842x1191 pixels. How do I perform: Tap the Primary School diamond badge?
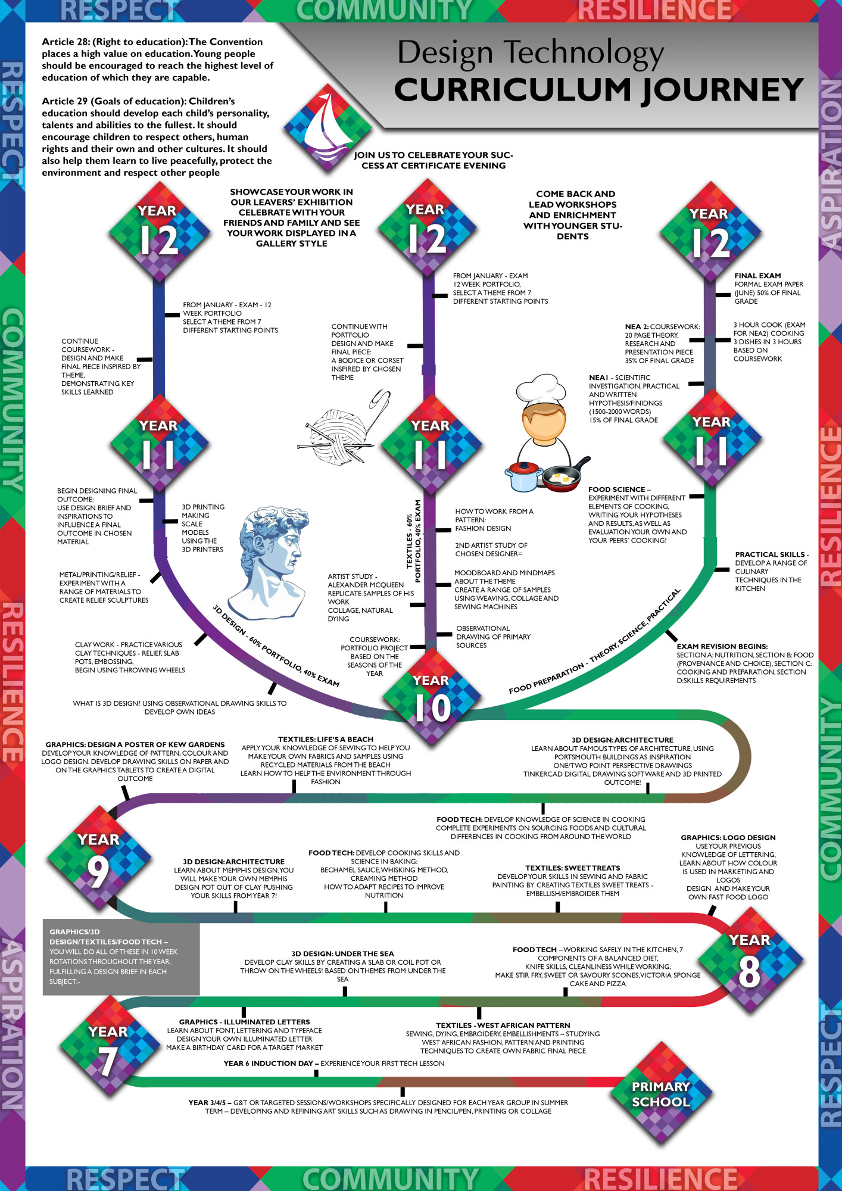(661, 1094)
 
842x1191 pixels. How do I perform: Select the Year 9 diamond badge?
(99, 858)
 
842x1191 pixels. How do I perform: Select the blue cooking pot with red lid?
(523, 476)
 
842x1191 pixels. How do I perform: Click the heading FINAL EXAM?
(757, 276)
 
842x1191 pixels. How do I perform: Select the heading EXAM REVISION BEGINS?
(722, 646)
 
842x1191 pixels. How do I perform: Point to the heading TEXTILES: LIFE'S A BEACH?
(326, 739)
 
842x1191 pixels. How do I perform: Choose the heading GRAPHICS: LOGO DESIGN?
(728, 837)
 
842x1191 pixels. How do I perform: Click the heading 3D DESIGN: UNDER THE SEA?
(342, 953)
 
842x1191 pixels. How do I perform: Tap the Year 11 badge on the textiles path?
(430, 443)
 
